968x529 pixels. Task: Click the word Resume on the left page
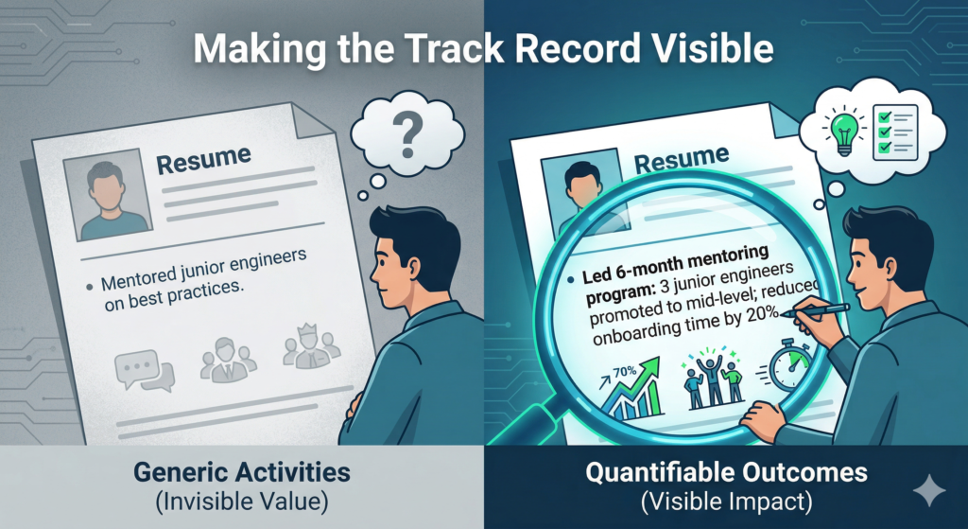coord(202,162)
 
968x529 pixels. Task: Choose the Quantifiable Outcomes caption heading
coord(725,471)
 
